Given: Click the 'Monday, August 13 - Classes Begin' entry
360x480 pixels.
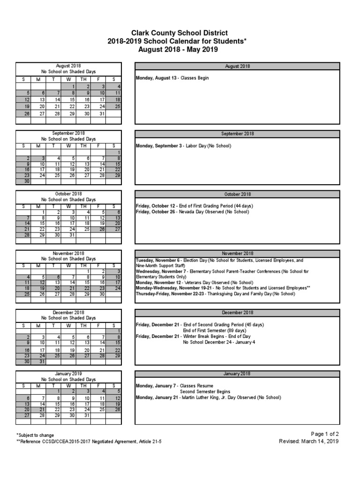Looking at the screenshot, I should click(172, 78).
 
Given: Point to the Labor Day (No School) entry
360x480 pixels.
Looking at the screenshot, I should click(183, 146).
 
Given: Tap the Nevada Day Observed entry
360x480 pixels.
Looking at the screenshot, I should click(192, 212).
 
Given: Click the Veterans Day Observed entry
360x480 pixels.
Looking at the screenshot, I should click(193, 283).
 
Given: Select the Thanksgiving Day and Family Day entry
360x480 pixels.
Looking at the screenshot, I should click(215, 294).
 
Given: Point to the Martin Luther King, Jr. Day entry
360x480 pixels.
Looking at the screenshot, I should click(208, 397).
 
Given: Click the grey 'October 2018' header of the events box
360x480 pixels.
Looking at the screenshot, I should click(237, 194).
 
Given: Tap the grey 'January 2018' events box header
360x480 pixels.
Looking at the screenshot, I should click(237, 374).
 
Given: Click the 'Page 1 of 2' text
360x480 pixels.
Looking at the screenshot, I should click(324, 434).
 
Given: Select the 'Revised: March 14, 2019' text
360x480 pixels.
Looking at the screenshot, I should click(308, 441).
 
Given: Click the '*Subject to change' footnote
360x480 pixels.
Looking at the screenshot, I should click(35, 435).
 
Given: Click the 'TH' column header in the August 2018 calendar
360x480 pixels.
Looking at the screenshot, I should click(83, 80).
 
